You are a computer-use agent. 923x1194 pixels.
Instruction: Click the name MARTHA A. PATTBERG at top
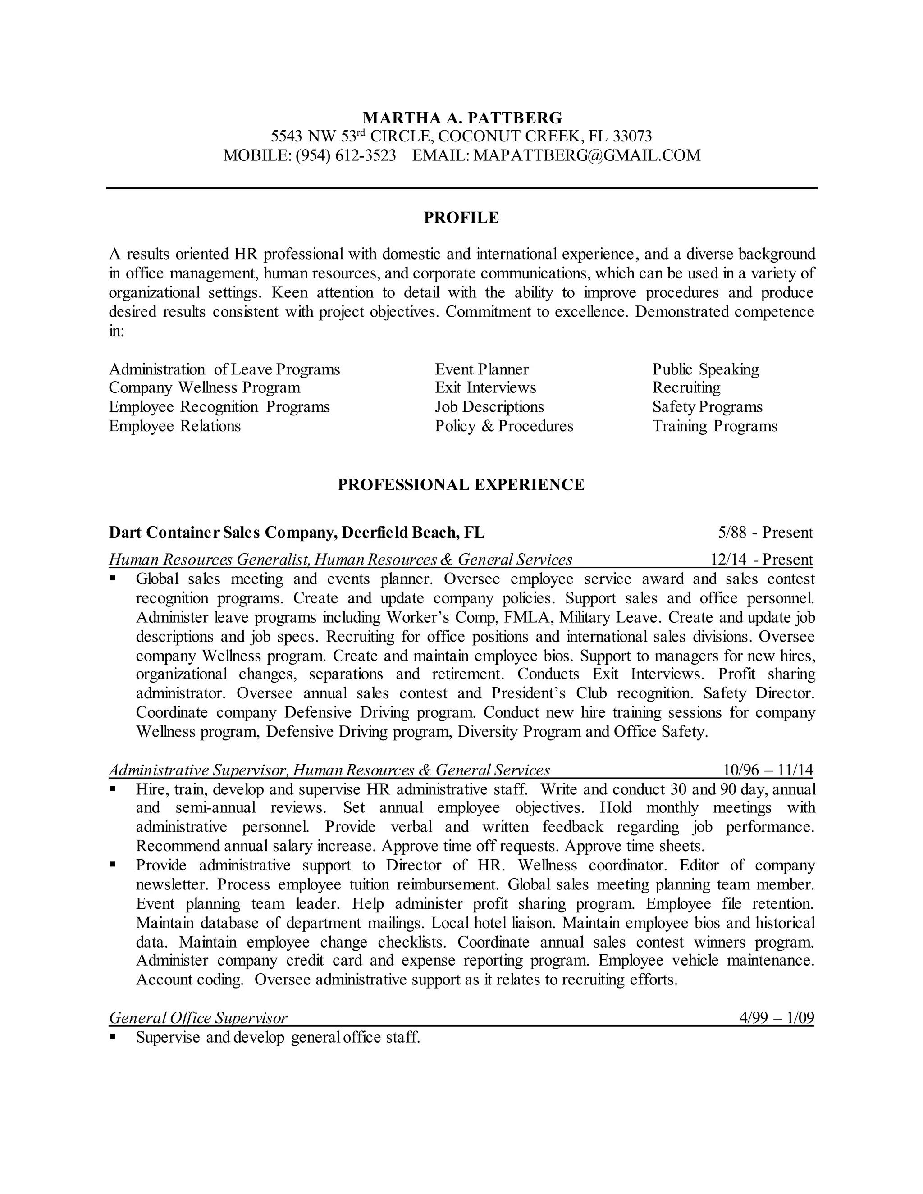click(462, 118)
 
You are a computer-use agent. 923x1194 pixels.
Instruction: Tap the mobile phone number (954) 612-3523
click(346, 155)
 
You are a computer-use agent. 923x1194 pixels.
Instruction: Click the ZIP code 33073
click(632, 136)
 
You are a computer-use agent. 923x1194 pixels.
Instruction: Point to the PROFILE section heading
click(461, 218)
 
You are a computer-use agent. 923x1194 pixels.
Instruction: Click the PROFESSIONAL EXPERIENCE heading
click(461, 484)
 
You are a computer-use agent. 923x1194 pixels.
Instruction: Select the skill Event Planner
click(482, 369)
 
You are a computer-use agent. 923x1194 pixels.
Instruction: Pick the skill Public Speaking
click(705, 369)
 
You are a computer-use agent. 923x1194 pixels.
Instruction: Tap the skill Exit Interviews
click(485, 387)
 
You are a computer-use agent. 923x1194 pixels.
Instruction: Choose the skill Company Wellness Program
click(205, 387)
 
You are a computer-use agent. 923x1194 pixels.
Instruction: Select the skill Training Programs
click(715, 426)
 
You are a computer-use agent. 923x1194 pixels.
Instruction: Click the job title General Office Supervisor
click(198, 1017)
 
